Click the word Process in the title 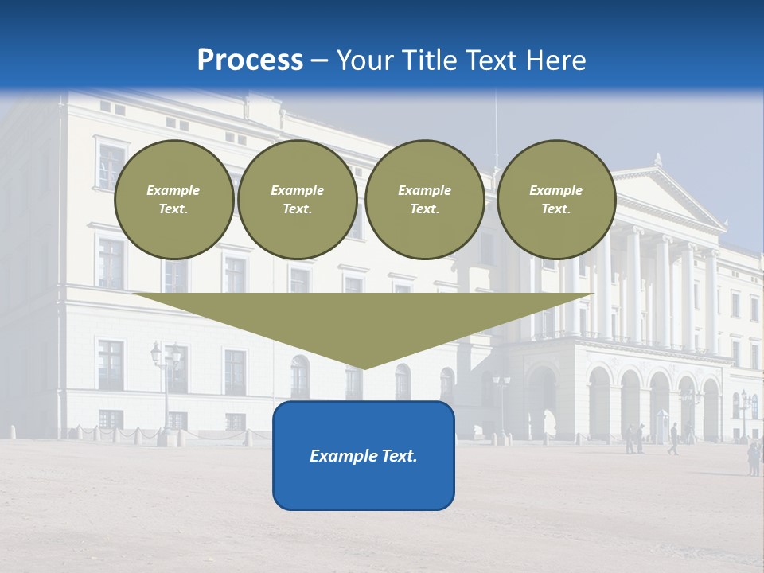click(x=250, y=60)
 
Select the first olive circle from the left click(x=173, y=199)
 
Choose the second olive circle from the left click(x=297, y=199)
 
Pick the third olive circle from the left click(x=424, y=199)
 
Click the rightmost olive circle click(x=555, y=199)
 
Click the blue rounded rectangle click(x=364, y=455)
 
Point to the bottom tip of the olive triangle click(x=364, y=368)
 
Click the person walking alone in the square click(x=673, y=439)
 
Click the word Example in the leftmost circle click(x=173, y=190)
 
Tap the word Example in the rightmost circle click(x=555, y=190)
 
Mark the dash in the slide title click(x=320, y=60)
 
